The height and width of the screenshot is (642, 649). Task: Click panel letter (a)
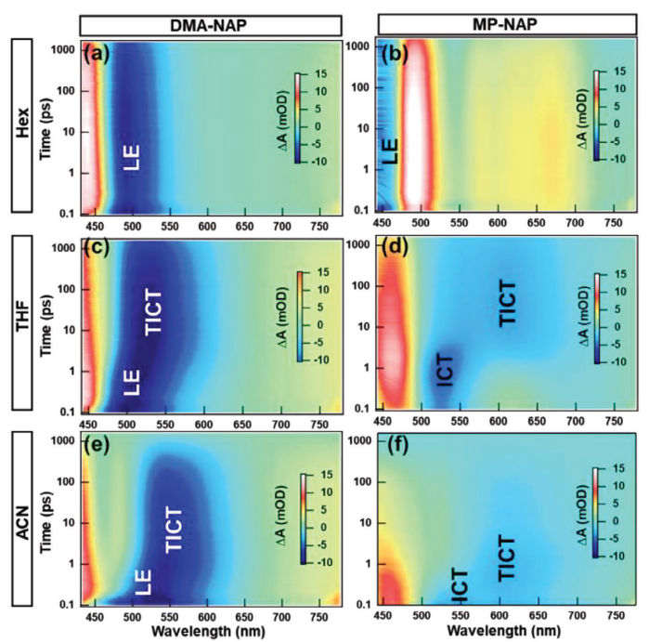tap(97, 54)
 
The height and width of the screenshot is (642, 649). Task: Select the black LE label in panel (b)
tap(391, 149)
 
